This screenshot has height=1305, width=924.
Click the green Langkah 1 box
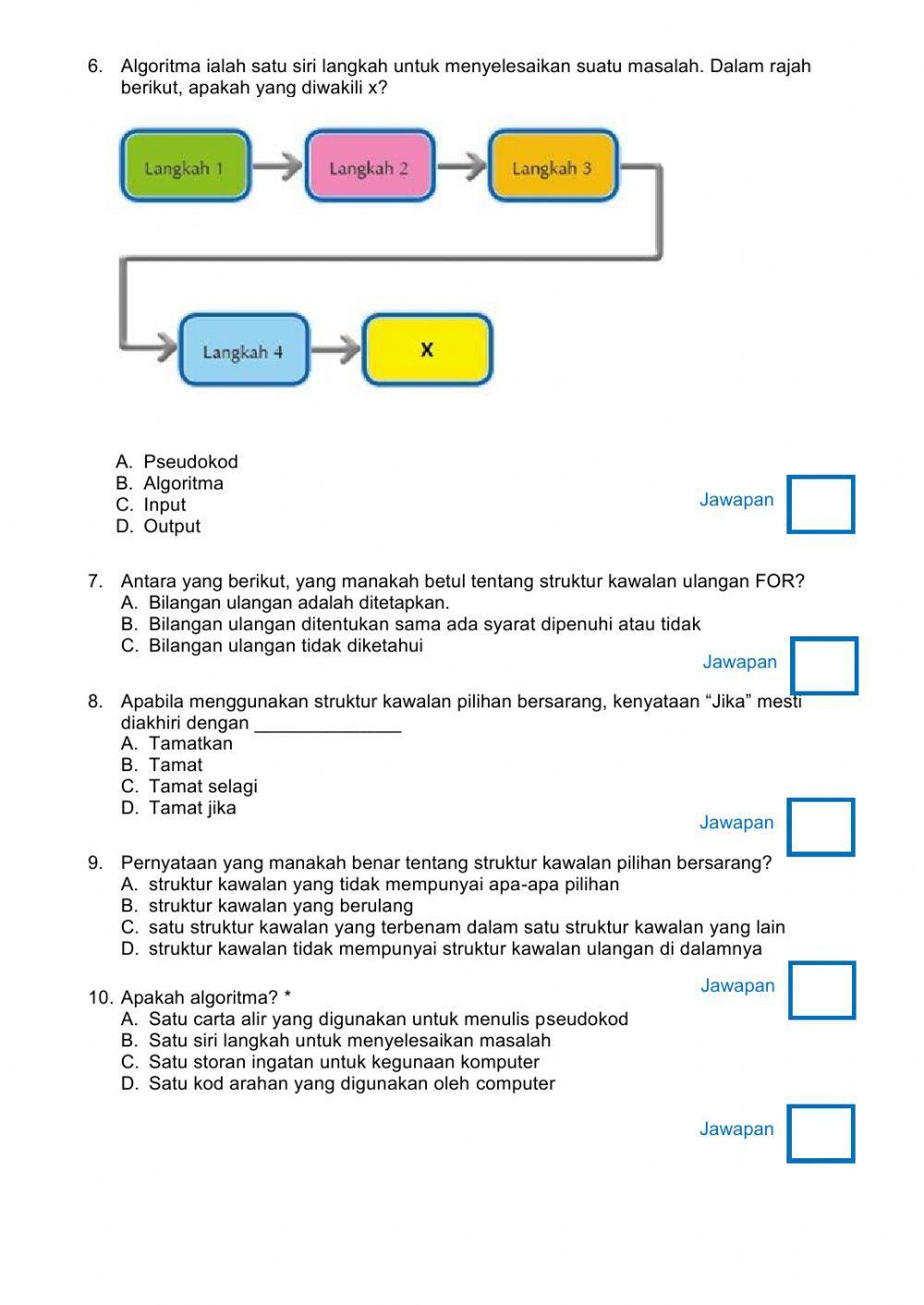click(185, 167)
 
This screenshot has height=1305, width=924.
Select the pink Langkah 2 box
click(369, 167)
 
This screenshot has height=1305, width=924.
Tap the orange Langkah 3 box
click(553, 167)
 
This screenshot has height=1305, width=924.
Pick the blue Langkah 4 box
click(243, 351)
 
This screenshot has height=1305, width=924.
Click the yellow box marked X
click(427, 350)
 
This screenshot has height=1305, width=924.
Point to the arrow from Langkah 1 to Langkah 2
click(277, 167)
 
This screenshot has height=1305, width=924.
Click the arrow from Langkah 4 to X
click(336, 351)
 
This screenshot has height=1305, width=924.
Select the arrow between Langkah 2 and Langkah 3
click(461, 167)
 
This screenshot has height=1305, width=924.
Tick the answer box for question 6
click(821, 503)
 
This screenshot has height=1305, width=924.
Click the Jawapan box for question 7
click(824, 665)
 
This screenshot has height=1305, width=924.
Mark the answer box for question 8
click(821, 827)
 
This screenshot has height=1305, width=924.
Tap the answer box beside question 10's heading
click(821, 990)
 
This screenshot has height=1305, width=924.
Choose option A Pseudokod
click(190, 462)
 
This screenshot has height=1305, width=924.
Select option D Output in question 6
click(172, 526)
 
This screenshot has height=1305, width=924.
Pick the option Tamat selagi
click(202, 787)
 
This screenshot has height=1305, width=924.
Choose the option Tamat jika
click(192, 808)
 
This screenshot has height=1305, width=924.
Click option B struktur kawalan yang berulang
click(280, 906)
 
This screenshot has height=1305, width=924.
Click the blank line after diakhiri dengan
click(327, 726)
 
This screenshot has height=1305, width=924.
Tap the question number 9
click(95, 864)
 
